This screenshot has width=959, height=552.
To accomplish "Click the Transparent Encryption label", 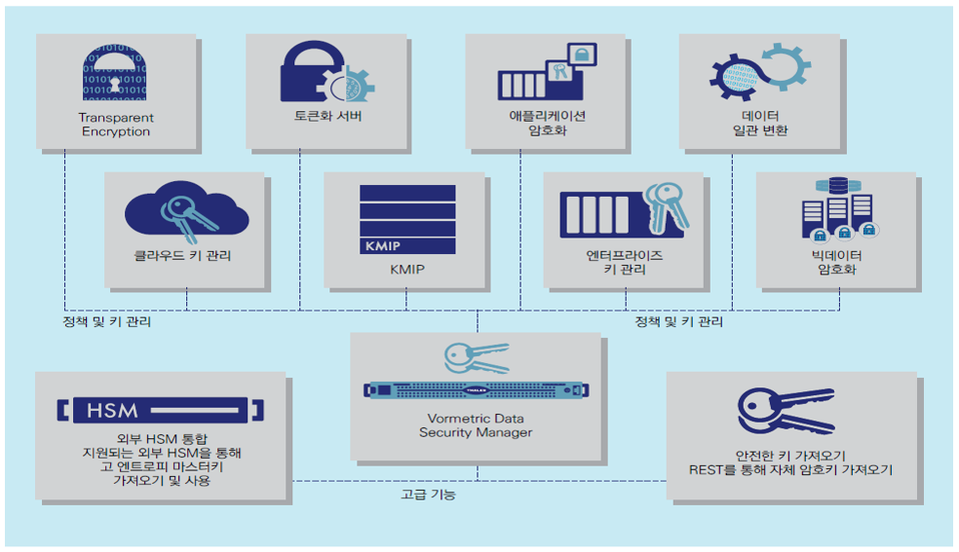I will [116, 125].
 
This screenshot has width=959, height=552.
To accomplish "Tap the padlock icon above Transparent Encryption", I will [116, 74].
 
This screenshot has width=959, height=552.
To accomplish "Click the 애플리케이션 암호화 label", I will [547, 124].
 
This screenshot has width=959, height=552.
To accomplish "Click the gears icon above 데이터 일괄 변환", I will [760, 74].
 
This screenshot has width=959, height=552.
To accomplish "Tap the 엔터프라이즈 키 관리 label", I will [624, 263].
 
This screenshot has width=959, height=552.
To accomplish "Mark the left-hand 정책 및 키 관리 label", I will [106, 321].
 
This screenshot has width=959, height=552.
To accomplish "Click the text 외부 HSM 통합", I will [161, 438].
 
